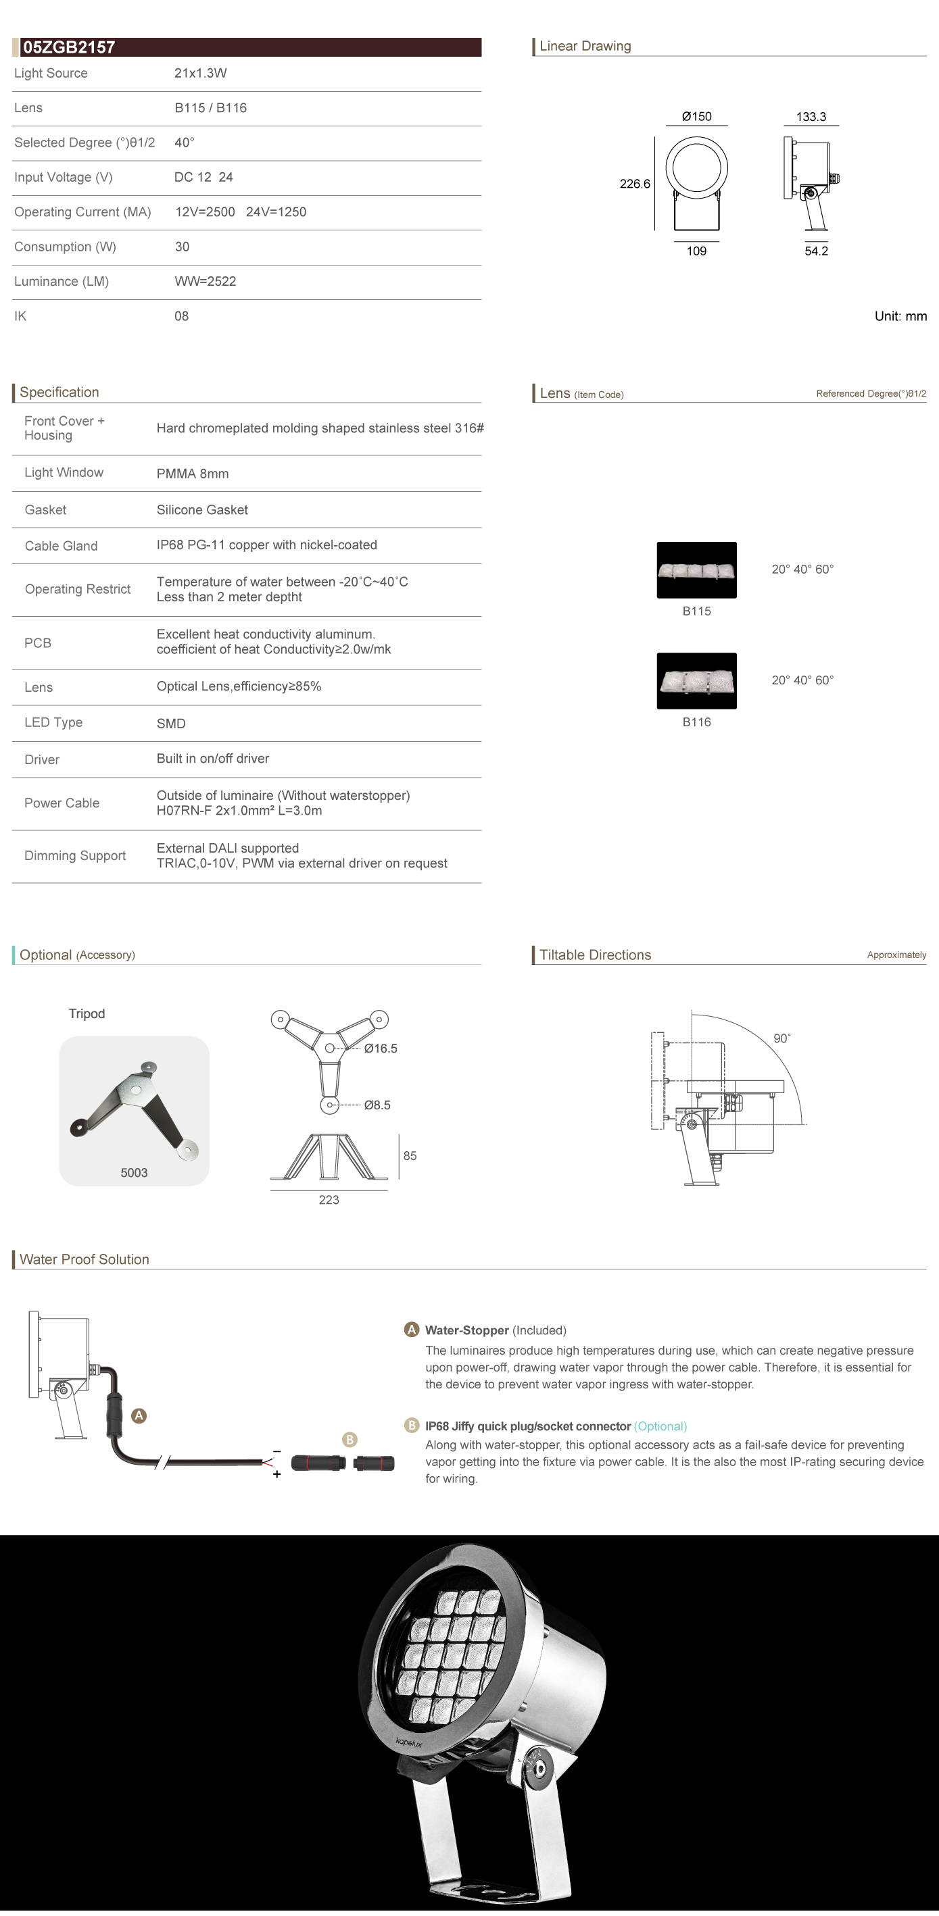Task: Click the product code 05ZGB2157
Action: [x=69, y=47]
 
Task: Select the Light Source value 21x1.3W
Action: [x=200, y=73]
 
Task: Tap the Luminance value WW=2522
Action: [x=205, y=281]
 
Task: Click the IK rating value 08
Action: [x=182, y=316]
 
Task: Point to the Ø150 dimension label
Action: [x=696, y=117]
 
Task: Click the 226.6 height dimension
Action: [x=635, y=184]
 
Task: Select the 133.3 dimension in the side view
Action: [x=811, y=117]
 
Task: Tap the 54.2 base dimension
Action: [x=816, y=251]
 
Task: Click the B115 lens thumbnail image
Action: [x=696, y=570]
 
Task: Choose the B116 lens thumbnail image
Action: [x=696, y=680]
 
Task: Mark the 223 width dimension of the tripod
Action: [x=329, y=1200]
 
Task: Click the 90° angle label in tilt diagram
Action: [x=782, y=1038]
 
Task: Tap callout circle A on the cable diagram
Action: [x=139, y=1415]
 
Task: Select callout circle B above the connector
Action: [x=350, y=1439]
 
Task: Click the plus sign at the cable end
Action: [x=276, y=1474]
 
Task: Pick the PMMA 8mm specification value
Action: [x=193, y=474]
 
